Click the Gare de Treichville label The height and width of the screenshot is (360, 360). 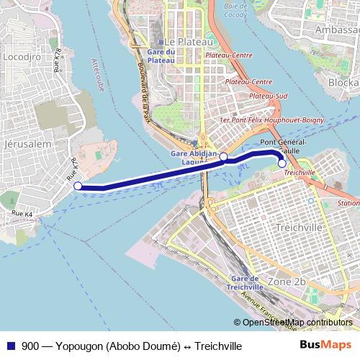(243, 282)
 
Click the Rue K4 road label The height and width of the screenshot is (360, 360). (22, 215)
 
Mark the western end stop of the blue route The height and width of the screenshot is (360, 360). (78, 186)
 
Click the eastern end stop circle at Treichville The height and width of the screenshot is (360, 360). (282, 163)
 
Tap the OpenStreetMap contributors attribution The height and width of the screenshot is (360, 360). (297, 323)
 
